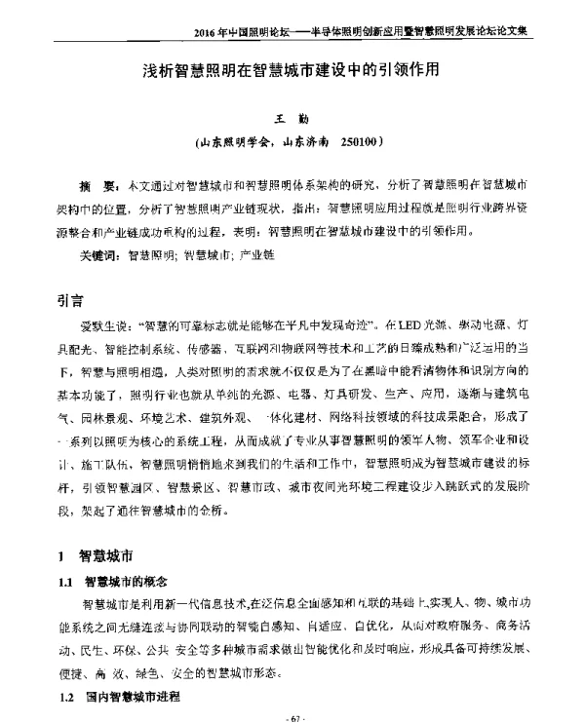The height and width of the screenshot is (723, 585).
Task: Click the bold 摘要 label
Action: (x=98, y=183)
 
